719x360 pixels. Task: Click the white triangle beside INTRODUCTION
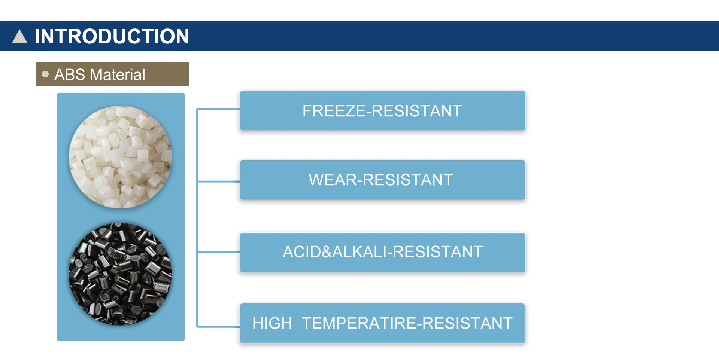(x=20, y=37)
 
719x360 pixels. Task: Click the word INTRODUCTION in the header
(x=112, y=36)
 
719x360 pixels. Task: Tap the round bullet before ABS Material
(x=45, y=74)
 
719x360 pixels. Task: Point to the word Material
(x=118, y=74)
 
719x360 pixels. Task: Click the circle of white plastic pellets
(x=120, y=157)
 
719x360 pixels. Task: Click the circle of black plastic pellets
(x=120, y=274)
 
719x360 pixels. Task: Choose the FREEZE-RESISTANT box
(x=382, y=111)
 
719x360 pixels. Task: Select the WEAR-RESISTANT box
(x=382, y=180)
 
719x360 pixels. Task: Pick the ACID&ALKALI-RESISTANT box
(x=382, y=253)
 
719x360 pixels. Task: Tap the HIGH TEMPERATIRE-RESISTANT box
(x=382, y=323)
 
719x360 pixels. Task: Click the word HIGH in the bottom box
(x=272, y=323)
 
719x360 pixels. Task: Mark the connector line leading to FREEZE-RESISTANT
(x=218, y=109)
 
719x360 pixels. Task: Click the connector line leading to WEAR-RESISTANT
(x=218, y=181)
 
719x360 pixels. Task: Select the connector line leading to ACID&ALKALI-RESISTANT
(x=218, y=253)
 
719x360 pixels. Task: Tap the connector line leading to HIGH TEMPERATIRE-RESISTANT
(x=218, y=327)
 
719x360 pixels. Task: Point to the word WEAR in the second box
(x=333, y=180)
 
